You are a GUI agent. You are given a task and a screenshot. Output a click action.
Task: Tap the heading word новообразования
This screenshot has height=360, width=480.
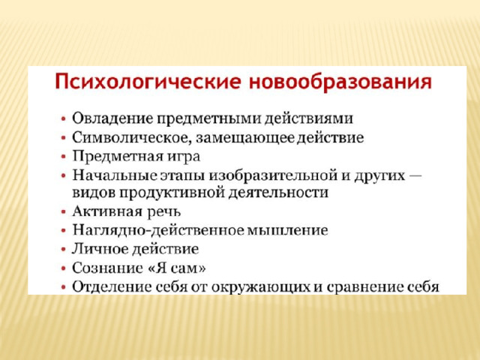click(x=340, y=82)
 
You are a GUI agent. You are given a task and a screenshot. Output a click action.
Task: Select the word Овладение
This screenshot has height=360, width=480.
click(x=112, y=118)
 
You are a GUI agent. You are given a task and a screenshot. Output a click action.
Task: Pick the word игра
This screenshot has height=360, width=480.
click(x=183, y=157)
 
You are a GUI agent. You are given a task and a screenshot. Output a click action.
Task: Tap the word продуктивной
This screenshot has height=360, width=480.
click(x=172, y=193)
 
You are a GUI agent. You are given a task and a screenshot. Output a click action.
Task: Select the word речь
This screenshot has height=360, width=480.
click(x=164, y=211)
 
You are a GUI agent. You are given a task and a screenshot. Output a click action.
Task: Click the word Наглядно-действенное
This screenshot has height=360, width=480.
click(x=158, y=230)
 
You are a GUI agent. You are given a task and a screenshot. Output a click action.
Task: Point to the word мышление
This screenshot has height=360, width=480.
click(x=287, y=230)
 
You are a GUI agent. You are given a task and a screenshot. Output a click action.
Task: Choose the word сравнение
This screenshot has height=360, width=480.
click(x=365, y=287)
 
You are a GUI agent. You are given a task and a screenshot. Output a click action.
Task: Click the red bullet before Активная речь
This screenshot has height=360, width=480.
click(x=63, y=211)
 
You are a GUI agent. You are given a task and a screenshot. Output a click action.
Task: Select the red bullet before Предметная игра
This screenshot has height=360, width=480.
click(x=63, y=157)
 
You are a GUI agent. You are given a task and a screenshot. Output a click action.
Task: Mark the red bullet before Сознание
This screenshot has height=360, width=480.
click(x=63, y=268)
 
